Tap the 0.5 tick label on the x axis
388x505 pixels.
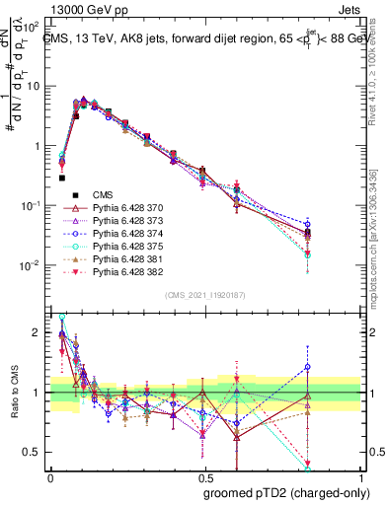coord(206,476)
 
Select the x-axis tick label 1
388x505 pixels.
coord(362,476)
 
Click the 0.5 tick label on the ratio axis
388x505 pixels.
coord(36,452)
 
